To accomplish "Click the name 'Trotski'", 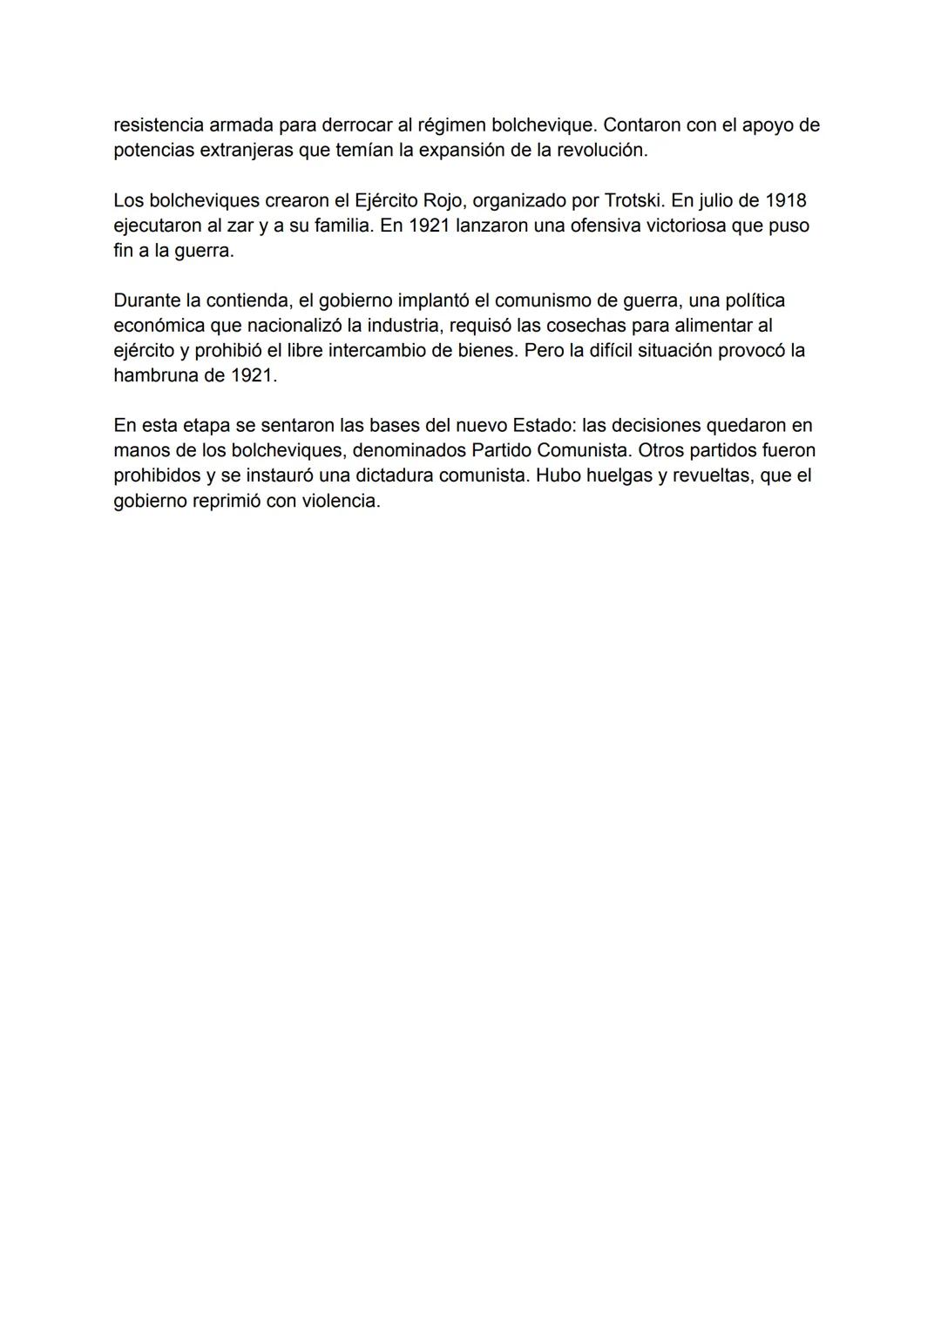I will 633,201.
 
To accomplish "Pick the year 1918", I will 785,201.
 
